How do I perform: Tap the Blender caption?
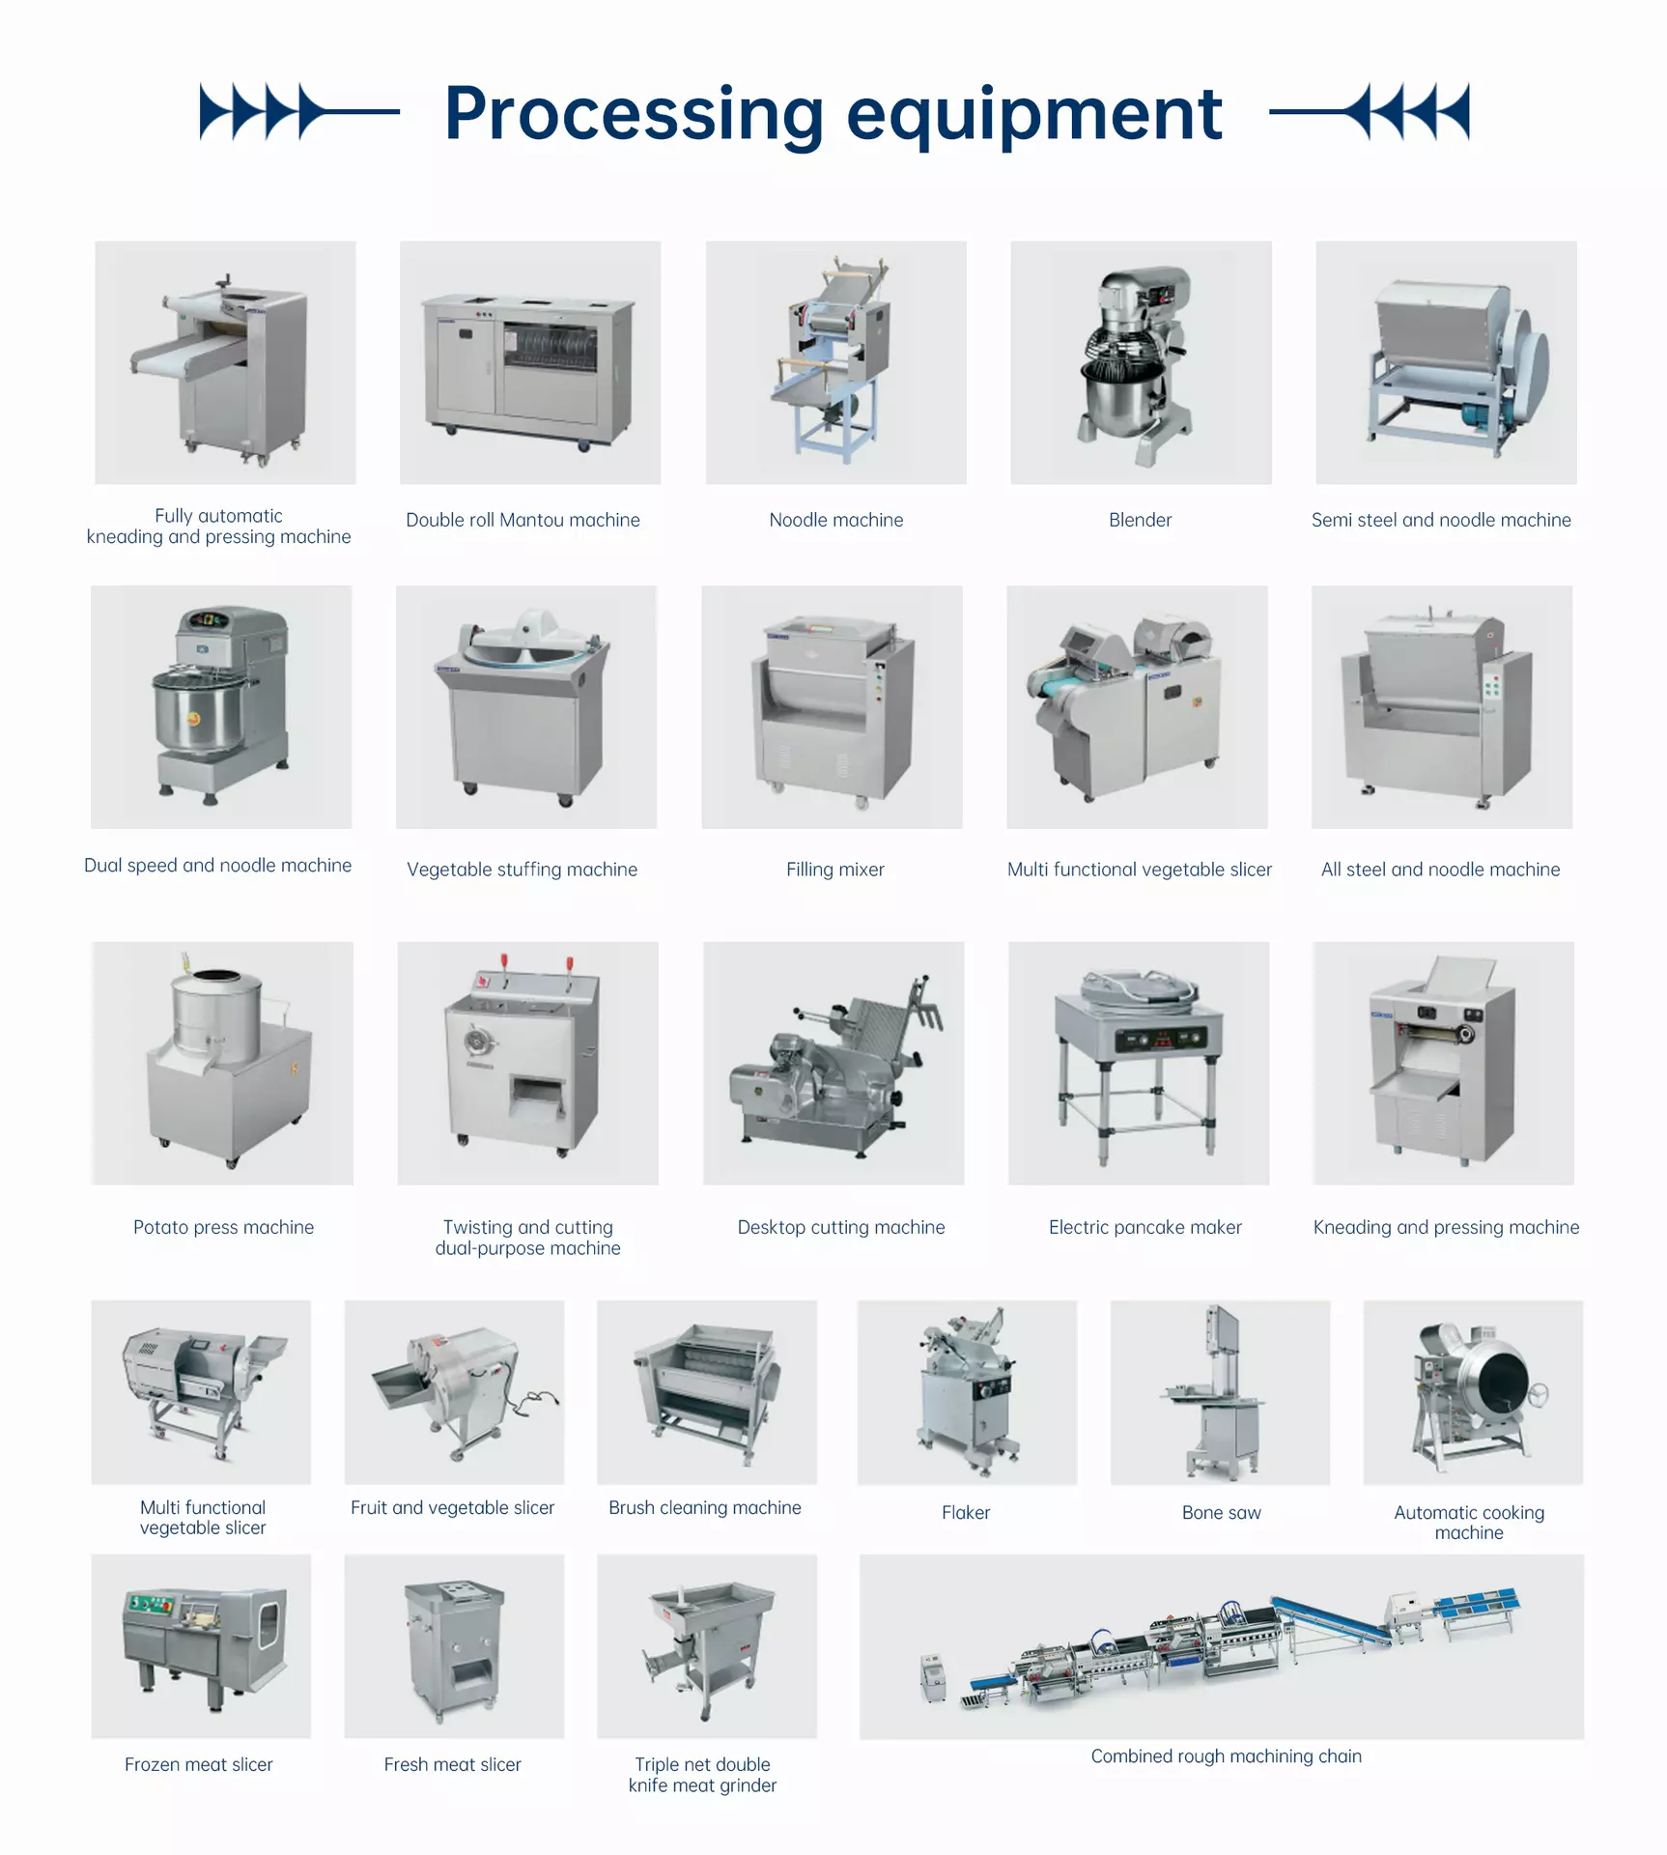(x=1140, y=520)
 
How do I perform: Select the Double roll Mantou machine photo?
(x=530, y=362)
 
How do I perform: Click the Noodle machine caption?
(x=836, y=520)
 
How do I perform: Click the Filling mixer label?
(x=835, y=870)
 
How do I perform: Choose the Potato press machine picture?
(x=223, y=1063)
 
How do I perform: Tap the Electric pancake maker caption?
(x=1145, y=1227)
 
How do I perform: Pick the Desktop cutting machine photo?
(x=833, y=1063)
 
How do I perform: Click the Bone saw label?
(x=1222, y=1513)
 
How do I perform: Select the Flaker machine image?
(x=967, y=1392)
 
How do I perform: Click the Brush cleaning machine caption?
(x=705, y=1507)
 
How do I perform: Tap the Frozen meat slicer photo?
(x=201, y=1646)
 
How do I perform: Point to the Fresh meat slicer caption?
(x=453, y=1764)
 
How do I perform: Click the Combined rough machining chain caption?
(x=1227, y=1755)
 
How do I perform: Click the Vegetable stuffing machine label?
(x=523, y=870)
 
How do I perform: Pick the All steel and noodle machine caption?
(x=1441, y=870)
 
